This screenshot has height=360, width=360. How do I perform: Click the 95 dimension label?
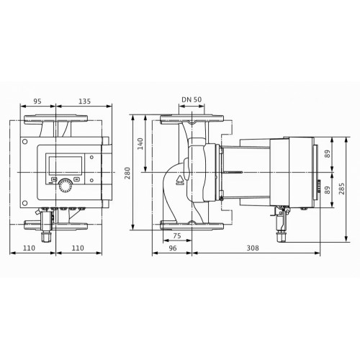pos(37,101)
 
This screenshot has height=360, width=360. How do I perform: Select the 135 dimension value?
pos(85,101)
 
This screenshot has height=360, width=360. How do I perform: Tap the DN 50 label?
pos(192,99)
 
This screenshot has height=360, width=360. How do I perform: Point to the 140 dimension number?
pos(140,144)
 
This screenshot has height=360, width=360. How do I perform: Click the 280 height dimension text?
pos(127,173)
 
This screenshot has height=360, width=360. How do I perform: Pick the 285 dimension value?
pos(341,189)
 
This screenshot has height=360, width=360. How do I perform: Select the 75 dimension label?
pos(177,235)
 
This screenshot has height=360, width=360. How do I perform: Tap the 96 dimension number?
pos(173,248)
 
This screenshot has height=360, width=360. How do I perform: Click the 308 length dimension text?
pos(253,248)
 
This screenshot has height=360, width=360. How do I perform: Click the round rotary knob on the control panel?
pos(65,186)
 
